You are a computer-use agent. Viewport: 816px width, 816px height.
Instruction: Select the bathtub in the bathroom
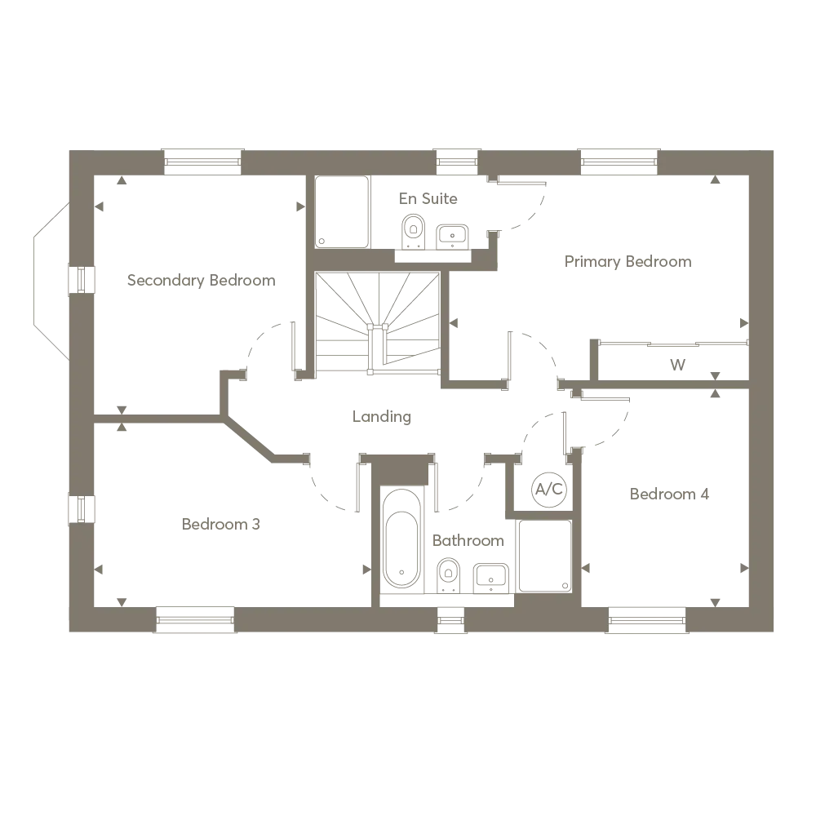tap(401, 539)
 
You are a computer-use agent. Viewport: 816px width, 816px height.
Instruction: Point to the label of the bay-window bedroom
tap(202, 281)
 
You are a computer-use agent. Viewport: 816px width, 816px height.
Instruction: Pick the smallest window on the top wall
tap(456, 163)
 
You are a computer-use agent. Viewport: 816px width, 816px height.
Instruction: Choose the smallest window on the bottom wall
tap(451, 621)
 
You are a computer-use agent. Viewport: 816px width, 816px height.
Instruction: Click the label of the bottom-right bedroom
tap(669, 494)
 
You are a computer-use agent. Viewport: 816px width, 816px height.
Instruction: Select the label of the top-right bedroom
tap(627, 262)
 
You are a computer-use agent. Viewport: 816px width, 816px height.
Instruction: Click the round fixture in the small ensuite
tap(548, 487)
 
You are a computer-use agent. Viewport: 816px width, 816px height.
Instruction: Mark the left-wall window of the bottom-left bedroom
tap(82, 508)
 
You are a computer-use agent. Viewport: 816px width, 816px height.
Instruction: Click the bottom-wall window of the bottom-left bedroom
tap(194, 621)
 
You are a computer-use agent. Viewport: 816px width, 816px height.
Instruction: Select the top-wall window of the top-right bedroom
tap(619, 163)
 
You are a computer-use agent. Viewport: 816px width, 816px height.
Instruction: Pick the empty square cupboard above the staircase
tap(343, 212)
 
